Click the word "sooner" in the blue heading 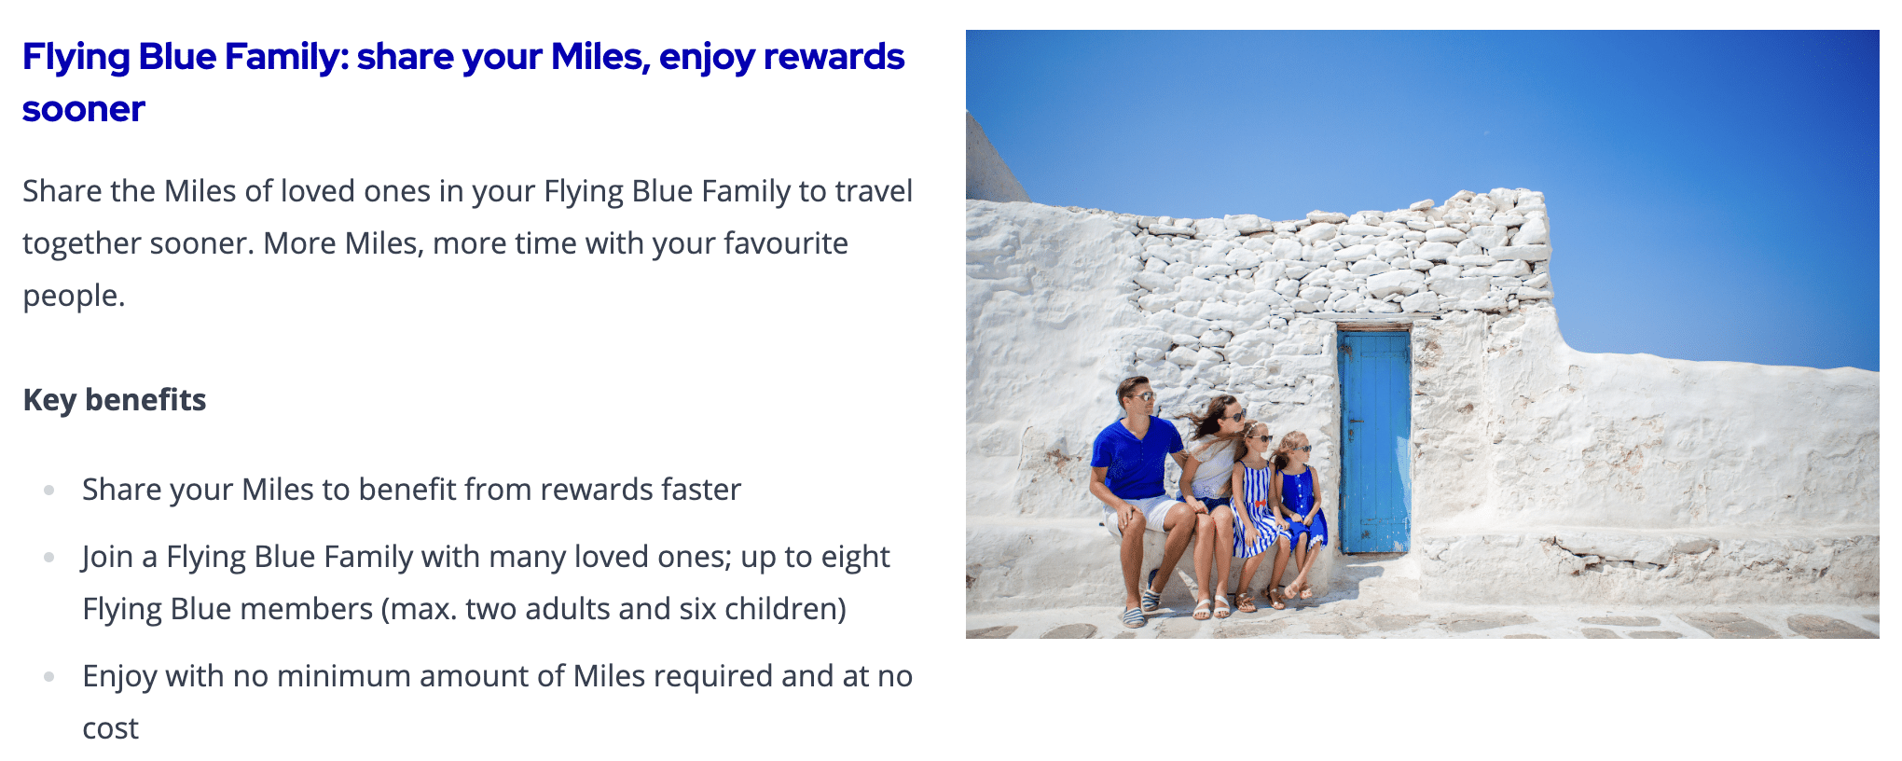pyautogui.click(x=84, y=109)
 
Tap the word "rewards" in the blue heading pyautogui.click(x=834, y=56)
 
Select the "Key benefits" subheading pyautogui.click(x=115, y=399)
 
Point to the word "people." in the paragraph pyautogui.click(x=74, y=297)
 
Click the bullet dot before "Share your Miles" pyautogui.click(x=49, y=490)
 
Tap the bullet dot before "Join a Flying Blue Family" pyautogui.click(x=49, y=557)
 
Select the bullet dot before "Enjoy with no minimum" pyautogui.click(x=49, y=676)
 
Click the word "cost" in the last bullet pyautogui.click(x=110, y=728)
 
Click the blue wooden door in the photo pyautogui.click(x=1374, y=440)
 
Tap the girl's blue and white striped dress pyautogui.click(x=1254, y=510)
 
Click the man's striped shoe pyautogui.click(x=1133, y=615)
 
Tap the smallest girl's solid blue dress pyautogui.click(x=1301, y=505)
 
